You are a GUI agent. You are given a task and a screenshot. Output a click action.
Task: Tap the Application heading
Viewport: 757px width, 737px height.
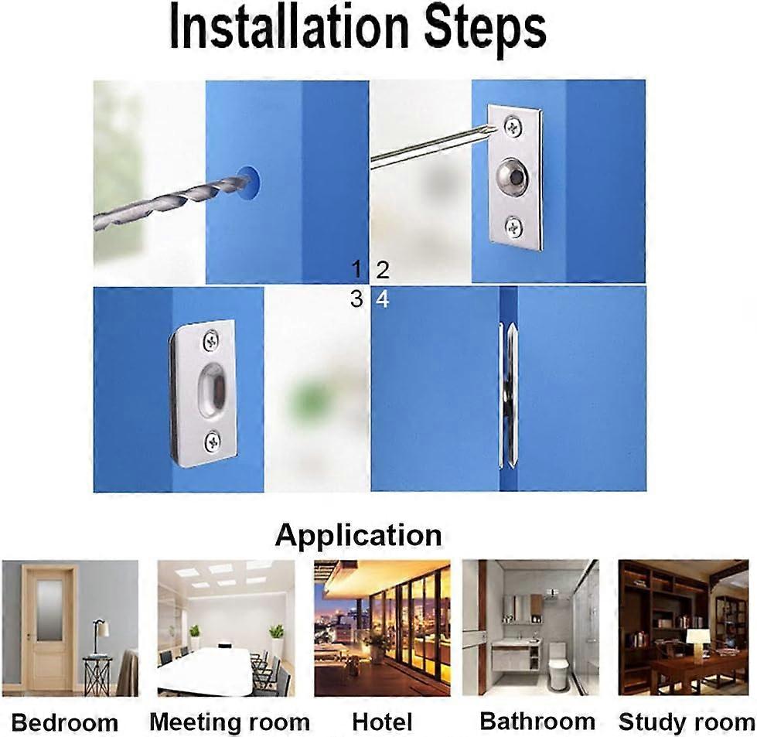(x=358, y=534)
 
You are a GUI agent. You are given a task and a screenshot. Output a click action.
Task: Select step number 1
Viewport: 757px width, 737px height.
(x=356, y=269)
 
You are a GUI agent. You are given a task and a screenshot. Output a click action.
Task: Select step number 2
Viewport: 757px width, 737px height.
(x=382, y=270)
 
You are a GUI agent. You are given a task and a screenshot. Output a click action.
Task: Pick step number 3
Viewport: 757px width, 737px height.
(x=356, y=299)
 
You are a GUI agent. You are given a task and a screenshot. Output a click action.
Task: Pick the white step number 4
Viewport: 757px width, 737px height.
(x=382, y=299)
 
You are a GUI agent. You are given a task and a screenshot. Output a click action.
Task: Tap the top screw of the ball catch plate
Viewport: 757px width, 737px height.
(x=512, y=125)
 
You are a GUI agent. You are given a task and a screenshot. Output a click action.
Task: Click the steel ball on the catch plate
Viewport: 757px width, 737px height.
(x=511, y=176)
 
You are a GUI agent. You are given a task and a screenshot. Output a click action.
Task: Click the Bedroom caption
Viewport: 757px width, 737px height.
(x=66, y=723)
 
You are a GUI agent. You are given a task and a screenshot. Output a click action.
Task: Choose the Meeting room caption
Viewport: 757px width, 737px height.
(x=230, y=722)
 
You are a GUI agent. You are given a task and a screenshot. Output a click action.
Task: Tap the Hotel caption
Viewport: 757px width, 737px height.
(x=382, y=722)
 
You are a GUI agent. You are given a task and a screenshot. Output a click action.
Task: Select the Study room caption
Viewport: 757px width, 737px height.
(x=686, y=722)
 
